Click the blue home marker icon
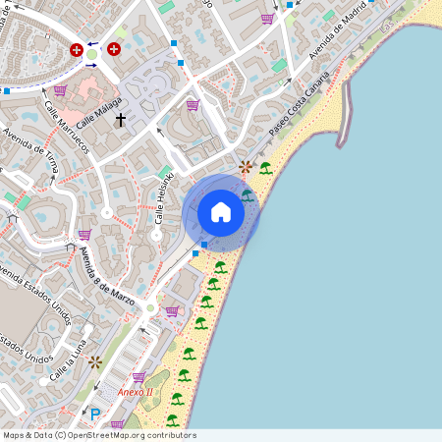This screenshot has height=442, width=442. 221,212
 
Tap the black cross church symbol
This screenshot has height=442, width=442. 121,120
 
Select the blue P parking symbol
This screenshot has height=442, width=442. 95,414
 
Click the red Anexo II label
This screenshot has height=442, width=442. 135,393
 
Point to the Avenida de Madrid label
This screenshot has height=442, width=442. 334,36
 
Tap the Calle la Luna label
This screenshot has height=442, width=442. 69,360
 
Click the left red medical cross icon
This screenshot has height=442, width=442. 77,49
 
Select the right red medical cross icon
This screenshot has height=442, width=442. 115,48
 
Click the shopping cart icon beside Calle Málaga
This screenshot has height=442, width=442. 60,90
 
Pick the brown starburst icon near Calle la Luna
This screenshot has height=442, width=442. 94,361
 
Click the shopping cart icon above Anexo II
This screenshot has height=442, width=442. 138,376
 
